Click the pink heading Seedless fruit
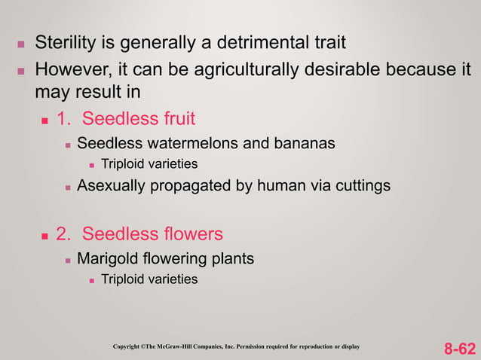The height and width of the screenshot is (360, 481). [x=139, y=118]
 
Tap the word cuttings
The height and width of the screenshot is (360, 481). [x=362, y=184]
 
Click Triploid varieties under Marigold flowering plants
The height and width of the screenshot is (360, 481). [x=149, y=279]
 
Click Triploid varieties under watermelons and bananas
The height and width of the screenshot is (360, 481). [x=149, y=163]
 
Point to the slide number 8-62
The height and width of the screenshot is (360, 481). [x=459, y=349]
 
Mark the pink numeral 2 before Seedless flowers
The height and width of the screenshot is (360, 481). [x=62, y=233]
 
